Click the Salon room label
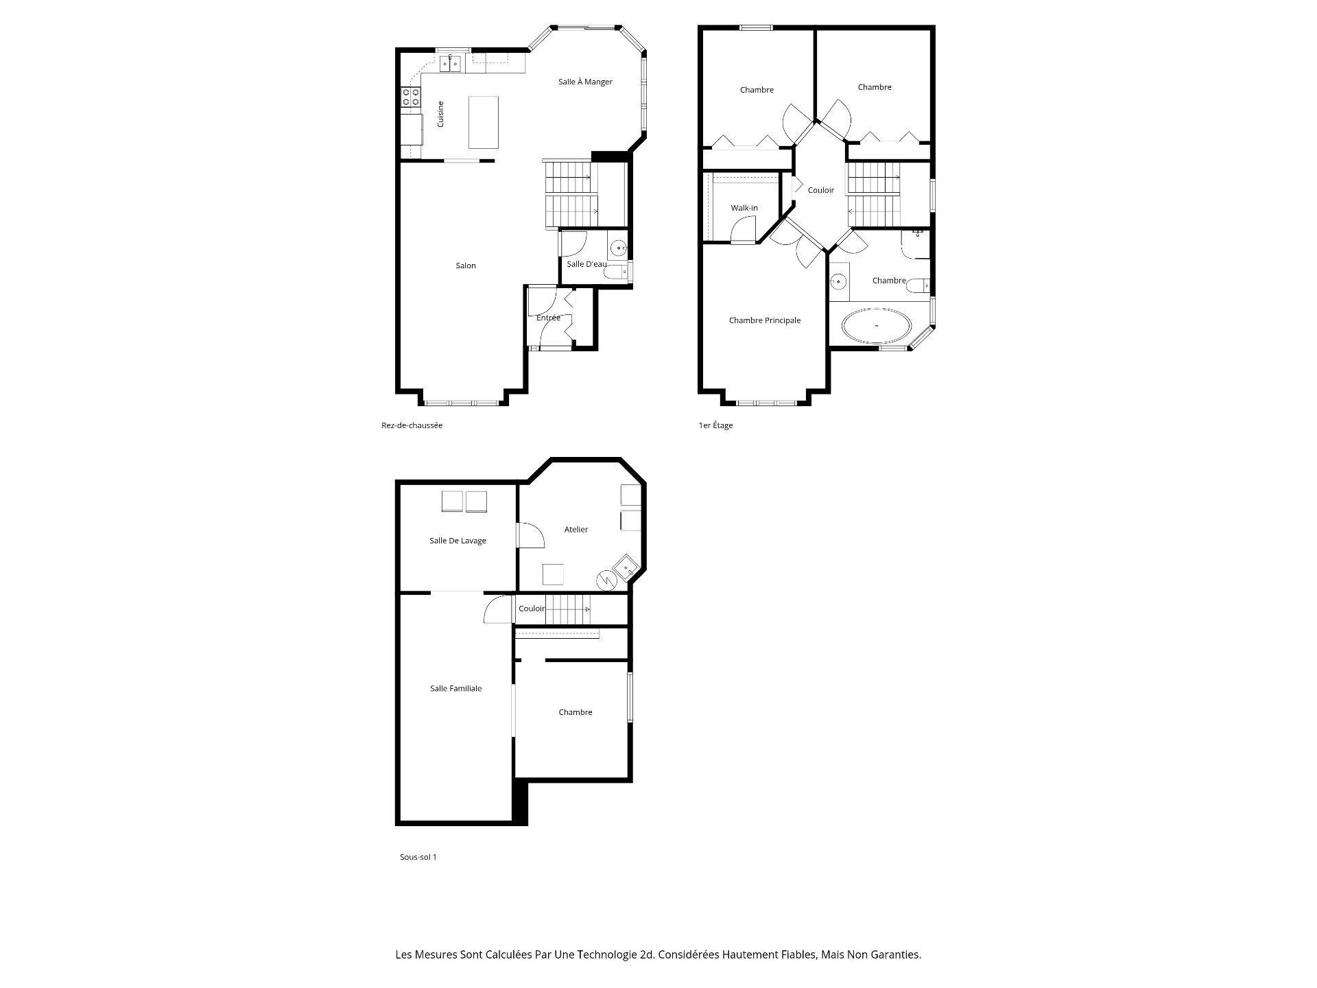click(466, 266)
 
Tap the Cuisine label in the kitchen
click(440, 114)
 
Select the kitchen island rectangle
click(484, 122)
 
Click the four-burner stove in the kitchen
click(411, 97)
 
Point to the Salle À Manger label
click(585, 82)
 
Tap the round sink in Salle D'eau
click(619, 248)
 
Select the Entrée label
click(548, 318)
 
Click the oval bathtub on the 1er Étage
click(877, 325)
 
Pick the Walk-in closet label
click(744, 208)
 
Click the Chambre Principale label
click(765, 320)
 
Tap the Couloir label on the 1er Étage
click(821, 190)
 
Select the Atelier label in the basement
click(576, 530)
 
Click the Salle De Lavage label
click(458, 541)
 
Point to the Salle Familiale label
click(456, 689)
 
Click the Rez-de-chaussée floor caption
click(412, 425)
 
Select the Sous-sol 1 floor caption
click(418, 857)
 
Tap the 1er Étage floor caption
click(715, 425)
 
